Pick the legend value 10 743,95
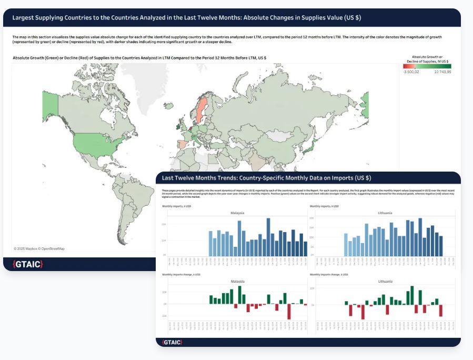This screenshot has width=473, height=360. (442, 72)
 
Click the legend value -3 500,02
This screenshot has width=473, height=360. (411, 72)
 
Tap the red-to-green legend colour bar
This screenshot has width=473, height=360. (427, 66)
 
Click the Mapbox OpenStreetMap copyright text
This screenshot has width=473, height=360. (39, 248)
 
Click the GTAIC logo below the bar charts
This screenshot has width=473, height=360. (173, 343)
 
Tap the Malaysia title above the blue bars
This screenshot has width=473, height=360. (237, 213)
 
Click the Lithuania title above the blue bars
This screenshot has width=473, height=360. (386, 213)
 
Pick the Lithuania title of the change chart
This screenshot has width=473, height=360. (386, 282)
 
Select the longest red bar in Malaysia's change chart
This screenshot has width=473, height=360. (289, 312)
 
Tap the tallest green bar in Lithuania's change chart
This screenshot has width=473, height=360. (412, 295)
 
